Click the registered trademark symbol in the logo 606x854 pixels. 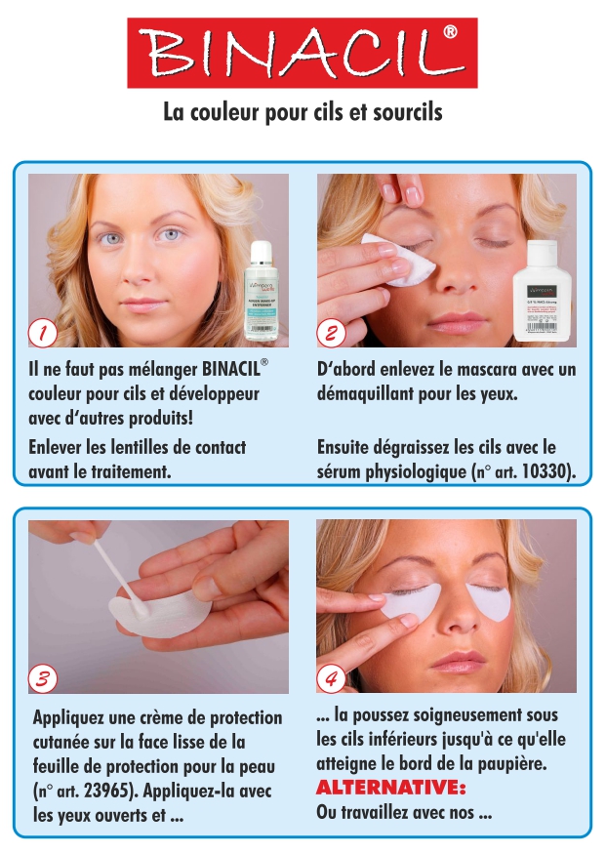pos(450,32)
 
